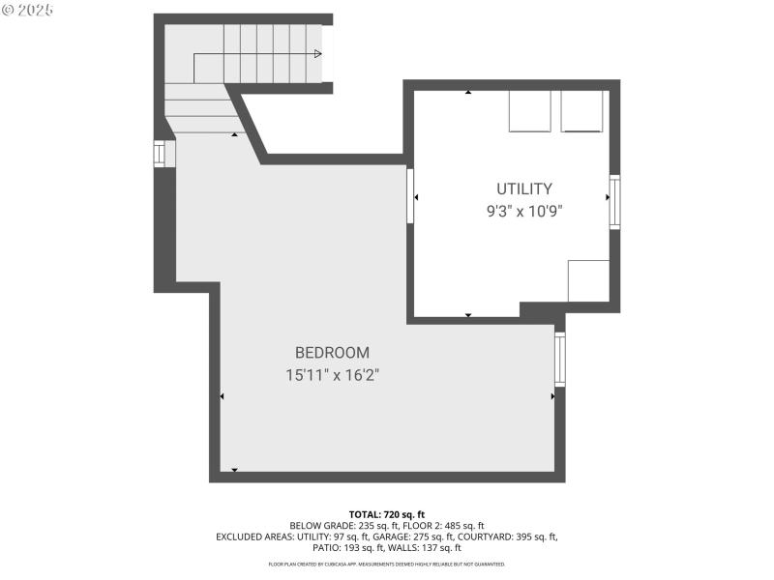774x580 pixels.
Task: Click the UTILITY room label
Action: coord(524,188)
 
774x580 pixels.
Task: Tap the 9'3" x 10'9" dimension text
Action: coord(524,212)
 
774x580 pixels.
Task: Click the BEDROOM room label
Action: coord(332,353)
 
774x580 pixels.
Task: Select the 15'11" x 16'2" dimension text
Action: coord(332,376)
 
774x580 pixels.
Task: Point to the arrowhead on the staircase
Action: coord(317,54)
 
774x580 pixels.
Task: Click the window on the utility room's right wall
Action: coord(614,201)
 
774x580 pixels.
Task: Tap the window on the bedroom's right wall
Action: coord(560,359)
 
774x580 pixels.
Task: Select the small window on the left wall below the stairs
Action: coord(160,154)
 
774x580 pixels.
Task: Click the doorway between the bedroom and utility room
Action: coord(410,196)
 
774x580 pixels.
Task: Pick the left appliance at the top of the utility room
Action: coord(530,111)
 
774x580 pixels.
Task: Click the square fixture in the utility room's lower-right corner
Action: coord(588,280)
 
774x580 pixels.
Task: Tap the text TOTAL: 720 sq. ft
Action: coord(387,514)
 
